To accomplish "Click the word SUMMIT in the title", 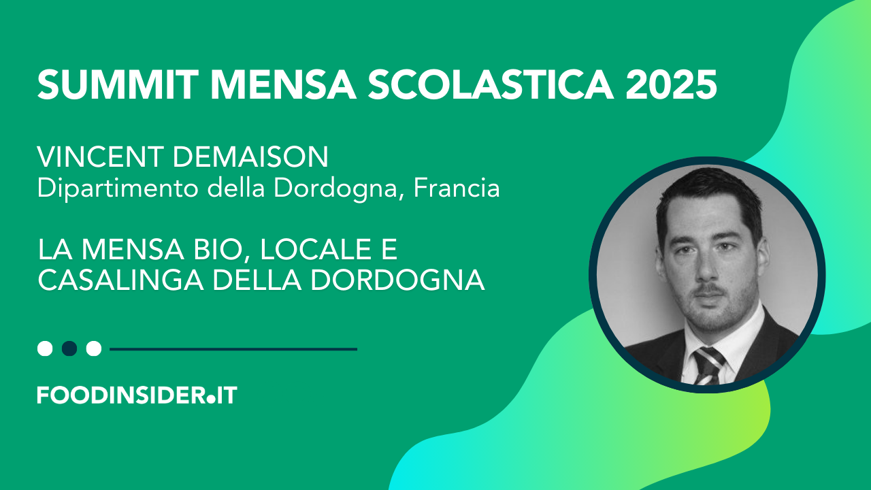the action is pyautogui.click(x=118, y=85).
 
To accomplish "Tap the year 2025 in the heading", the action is pyautogui.click(x=671, y=85).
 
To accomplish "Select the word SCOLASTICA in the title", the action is pyautogui.click(x=491, y=85).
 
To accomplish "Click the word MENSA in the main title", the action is pyautogui.click(x=283, y=85).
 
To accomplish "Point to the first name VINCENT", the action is pyautogui.click(x=100, y=157).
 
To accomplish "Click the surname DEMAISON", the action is pyautogui.click(x=250, y=157).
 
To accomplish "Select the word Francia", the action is pyautogui.click(x=457, y=189).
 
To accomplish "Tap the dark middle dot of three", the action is pyautogui.click(x=69, y=348).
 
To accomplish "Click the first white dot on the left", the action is pyautogui.click(x=45, y=348).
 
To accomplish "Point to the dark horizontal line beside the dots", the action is pyautogui.click(x=233, y=349).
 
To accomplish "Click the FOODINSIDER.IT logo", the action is pyautogui.click(x=137, y=395).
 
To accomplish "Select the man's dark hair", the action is pyautogui.click(x=708, y=198).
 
